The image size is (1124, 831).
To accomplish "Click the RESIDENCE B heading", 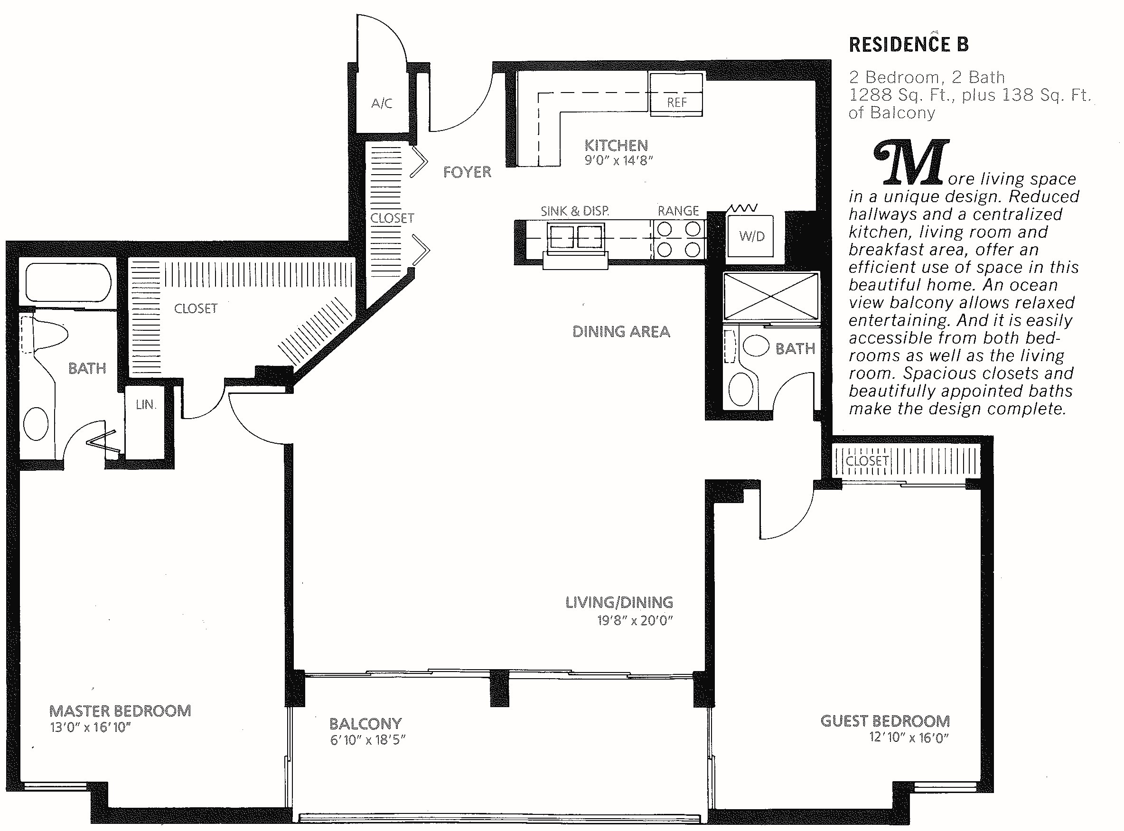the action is pyautogui.click(x=909, y=44).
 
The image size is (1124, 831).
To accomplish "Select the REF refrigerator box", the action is pyautogui.click(x=676, y=94).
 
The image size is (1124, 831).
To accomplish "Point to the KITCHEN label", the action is pyautogui.click(x=616, y=146).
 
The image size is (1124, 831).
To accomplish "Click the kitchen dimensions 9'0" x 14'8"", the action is pyautogui.click(x=618, y=161).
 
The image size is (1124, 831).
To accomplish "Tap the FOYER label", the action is pyautogui.click(x=467, y=172).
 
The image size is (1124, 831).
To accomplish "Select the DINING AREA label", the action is pyautogui.click(x=621, y=331).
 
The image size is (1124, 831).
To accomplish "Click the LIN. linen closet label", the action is pyautogui.click(x=146, y=404).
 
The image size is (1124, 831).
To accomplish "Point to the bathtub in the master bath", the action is pyautogui.click(x=68, y=282).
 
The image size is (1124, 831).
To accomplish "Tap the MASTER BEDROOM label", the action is pyautogui.click(x=120, y=711).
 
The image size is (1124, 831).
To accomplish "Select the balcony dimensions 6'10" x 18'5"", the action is pyautogui.click(x=368, y=740).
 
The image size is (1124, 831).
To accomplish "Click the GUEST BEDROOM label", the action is pyautogui.click(x=885, y=721).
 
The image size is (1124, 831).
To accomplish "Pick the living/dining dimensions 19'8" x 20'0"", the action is pyautogui.click(x=635, y=620).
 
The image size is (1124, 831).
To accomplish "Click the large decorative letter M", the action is pyautogui.click(x=911, y=162).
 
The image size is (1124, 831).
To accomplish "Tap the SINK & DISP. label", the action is pyautogui.click(x=574, y=211).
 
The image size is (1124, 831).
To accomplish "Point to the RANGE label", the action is pyautogui.click(x=678, y=211).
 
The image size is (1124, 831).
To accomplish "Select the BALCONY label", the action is pyautogui.click(x=365, y=724).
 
